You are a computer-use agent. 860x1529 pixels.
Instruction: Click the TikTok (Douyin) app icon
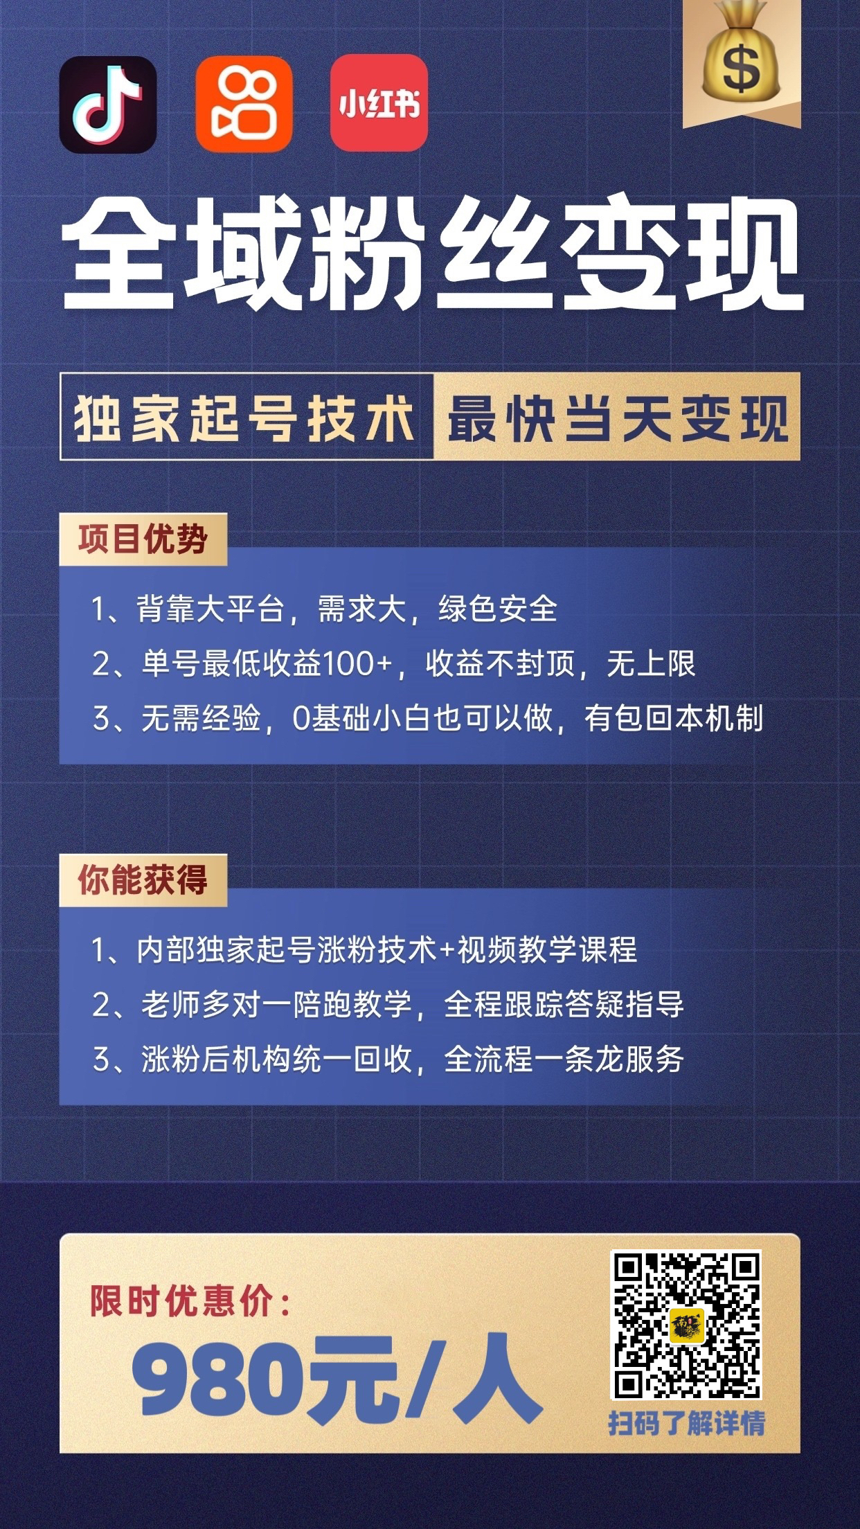click(108, 105)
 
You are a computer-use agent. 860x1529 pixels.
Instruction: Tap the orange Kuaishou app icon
click(244, 105)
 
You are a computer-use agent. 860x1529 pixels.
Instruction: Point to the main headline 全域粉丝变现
click(432, 254)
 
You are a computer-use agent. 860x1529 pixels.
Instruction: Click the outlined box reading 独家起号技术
click(246, 417)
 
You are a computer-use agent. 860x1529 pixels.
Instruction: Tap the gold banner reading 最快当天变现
click(616, 417)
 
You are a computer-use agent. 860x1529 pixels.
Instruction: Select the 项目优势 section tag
click(143, 539)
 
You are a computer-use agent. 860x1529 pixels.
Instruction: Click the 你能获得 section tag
click(143, 880)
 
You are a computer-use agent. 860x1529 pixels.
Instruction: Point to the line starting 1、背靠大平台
click(324, 609)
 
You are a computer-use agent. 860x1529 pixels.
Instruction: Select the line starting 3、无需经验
click(427, 719)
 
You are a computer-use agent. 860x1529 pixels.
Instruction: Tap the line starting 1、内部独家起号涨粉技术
click(364, 949)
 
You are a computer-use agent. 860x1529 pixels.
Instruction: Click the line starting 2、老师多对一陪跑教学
click(388, 1004)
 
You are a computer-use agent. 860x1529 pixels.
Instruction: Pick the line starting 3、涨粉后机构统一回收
click(388, 1059)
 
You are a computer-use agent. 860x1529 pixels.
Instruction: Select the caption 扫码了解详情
click(686, 1424)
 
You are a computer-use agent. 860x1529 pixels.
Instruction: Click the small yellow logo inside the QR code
click(686, 1325)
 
